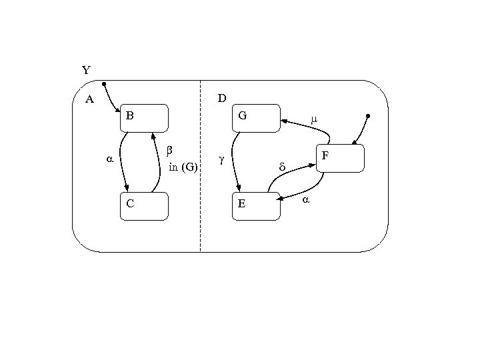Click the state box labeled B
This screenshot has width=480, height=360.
tap(144, 118)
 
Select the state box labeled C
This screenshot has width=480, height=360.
tap(144, 206)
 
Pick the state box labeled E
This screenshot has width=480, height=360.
tap(255, 206)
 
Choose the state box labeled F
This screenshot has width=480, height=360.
tap(340, 158)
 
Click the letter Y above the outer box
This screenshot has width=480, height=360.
tap(86, 70)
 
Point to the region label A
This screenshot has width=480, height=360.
tap(89, 100)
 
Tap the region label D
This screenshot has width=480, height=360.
tap(222, 99)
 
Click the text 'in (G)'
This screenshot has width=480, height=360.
tap(183, 167)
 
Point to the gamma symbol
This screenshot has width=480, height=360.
tap(221, 160)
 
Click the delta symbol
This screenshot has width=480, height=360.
tap(281, 167)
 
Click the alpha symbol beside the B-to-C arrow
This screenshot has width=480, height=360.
tap(110, 160)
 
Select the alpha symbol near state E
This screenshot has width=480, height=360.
tap(306, 199)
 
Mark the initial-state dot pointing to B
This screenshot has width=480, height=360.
tap(104, 84)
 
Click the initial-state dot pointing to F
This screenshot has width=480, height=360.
tap(368, 116)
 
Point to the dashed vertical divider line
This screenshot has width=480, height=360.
tap(201, 167)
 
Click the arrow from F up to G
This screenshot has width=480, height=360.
tap(307, 127)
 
